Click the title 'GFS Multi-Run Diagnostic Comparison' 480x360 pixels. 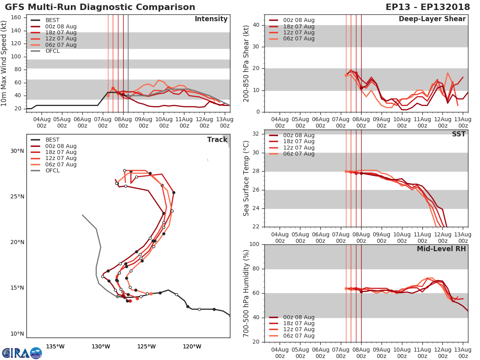coord(100,7)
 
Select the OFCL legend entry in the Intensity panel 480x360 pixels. coord(52,51)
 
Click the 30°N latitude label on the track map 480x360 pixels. coord(17,151)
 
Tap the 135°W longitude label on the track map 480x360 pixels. coord(55,346)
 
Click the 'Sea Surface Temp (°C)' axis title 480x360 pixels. coord(247,178)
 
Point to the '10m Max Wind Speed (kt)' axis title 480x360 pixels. coord(4,64)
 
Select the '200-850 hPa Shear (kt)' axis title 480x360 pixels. coord(247,64)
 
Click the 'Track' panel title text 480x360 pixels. coord(217,140)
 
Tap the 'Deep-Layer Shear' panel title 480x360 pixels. coord(432,19)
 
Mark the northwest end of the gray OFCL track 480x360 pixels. coord(82,215)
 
